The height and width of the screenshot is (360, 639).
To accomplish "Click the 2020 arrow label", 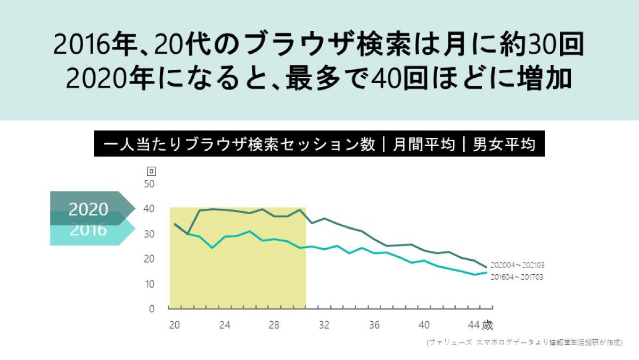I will (x=88, y=209).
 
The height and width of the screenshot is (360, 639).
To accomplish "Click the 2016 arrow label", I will (x=88, y=231).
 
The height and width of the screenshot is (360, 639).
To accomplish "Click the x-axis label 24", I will (x=224, y=325).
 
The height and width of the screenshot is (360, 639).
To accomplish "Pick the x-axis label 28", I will (x=274, y=325).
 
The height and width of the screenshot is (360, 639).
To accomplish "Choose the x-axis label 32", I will (x=324, y=325).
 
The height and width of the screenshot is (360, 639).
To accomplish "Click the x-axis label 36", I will (x=374, y=325).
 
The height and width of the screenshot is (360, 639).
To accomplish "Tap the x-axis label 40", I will (x=424, y=325).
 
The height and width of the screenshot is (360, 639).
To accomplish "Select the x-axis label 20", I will (x=174, y=325).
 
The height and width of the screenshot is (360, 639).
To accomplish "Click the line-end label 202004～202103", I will (x=517, y=265).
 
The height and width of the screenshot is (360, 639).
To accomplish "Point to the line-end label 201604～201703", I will (x=517, y=277).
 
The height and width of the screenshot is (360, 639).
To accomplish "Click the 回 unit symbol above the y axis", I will (x=151, y=171).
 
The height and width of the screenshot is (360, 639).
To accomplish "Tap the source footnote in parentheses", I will (x=524, y=343).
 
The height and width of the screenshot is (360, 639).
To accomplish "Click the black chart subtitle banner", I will (x=319, y=145).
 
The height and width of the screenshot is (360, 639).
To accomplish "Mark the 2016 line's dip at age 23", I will (x=212, y=248).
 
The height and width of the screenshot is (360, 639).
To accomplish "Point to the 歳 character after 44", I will (x=487, y=325).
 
